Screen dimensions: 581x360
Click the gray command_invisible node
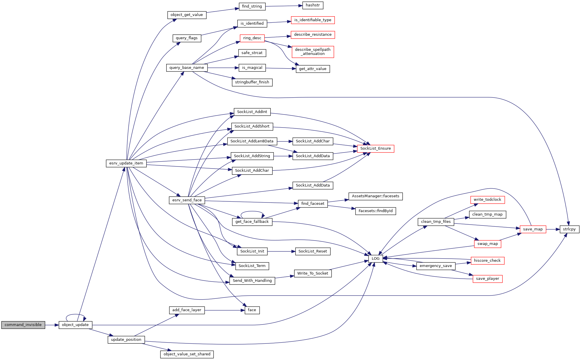point(23,325)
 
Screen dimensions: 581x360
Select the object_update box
point(75,325)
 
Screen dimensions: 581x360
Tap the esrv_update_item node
point(126,163)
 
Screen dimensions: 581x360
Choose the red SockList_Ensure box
point(376,148)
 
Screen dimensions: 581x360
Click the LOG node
point(376,259)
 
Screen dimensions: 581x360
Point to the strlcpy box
point(569,229)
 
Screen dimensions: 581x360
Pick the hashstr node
point(313,5)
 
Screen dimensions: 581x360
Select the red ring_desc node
point(252,38)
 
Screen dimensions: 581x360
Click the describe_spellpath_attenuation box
point(313,52)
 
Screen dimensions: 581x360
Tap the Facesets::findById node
point(376,211)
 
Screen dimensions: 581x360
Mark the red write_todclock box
point(487,200)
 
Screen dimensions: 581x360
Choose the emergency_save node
point(436,266)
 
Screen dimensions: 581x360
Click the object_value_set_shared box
point(187,354)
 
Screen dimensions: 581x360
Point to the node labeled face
point(252,310)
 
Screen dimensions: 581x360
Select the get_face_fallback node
point(252,222)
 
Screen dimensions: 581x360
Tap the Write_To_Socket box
point(313,273)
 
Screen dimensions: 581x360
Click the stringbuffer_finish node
point(252,82)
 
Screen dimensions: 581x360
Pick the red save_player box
point(487,279)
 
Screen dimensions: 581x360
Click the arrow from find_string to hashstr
point(284,6)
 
